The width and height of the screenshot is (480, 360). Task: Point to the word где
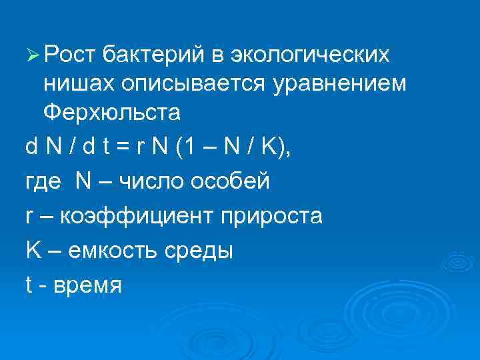[x=44, y=183]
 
